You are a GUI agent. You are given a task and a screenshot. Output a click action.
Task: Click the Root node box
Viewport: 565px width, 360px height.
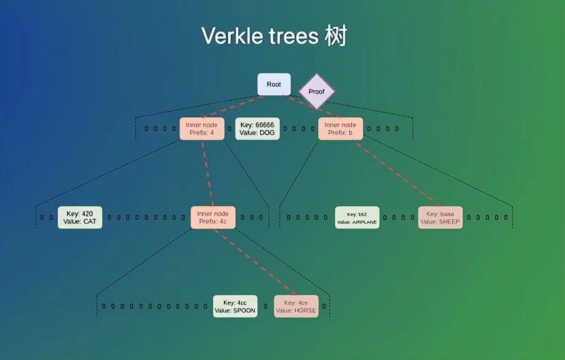point(274,84)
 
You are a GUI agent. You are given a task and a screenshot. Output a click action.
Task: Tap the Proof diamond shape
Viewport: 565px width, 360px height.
point(316,91)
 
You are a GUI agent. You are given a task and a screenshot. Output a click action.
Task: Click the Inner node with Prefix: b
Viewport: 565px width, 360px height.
point(340,129)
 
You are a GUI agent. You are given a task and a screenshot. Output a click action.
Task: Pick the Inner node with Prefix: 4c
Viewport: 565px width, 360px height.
point(213,217)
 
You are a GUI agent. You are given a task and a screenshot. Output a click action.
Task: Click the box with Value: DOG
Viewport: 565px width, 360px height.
point(257,129)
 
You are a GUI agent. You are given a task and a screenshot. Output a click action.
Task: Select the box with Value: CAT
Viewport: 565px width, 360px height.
point(80,217)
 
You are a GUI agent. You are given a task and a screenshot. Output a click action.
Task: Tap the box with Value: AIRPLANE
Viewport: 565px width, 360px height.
point(357,217)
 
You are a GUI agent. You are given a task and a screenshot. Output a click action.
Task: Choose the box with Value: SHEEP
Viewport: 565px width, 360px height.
point(440,217)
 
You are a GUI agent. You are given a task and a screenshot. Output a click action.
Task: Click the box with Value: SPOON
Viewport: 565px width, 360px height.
point(235,306)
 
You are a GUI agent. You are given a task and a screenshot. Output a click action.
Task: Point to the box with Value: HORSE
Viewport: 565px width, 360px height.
point(296,306)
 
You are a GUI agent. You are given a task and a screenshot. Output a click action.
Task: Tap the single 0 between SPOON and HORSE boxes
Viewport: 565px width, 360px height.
point(266,306)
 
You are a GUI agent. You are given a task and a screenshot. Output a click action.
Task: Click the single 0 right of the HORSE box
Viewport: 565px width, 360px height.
point(323,306)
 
